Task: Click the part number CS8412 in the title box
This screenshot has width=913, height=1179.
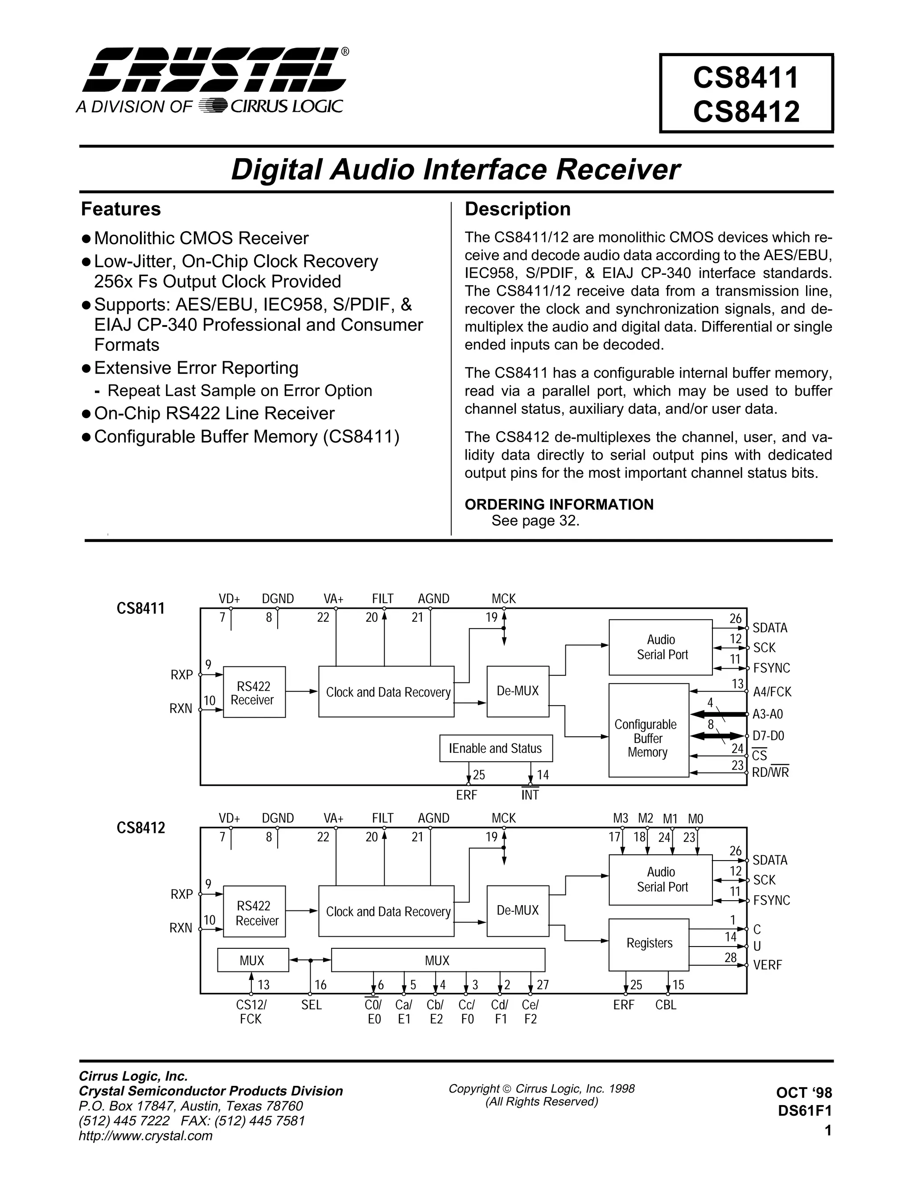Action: [x=745, y=112]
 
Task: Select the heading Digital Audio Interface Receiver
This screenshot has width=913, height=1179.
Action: [x=456, y=170]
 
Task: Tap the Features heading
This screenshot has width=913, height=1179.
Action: [x=121, y=209]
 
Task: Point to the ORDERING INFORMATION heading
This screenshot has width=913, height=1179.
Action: [x=559, y=504]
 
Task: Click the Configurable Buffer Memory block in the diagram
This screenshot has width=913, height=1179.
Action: [x=648, y=738]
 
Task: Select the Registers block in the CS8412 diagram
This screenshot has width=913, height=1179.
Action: [x=649, y=942]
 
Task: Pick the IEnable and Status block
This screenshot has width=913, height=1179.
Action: [x=495, y=748]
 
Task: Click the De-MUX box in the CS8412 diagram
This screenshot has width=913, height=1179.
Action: [x=518, y=910]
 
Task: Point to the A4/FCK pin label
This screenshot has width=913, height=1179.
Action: [x=772, y=692]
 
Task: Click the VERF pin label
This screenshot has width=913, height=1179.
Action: [x=767, y=965]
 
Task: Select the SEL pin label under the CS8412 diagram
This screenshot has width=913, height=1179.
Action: [x=312, y=1005]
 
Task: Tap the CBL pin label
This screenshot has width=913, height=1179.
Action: [x=666, y=1005]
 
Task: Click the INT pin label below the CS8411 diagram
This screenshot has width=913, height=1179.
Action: [x=530, y=795]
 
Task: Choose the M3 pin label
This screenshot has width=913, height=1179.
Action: [x=621, y=818]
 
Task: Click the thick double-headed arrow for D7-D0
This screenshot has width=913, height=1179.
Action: [x=717, y=736]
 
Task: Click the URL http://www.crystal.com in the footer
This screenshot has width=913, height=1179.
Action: [x=146, y=1136]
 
